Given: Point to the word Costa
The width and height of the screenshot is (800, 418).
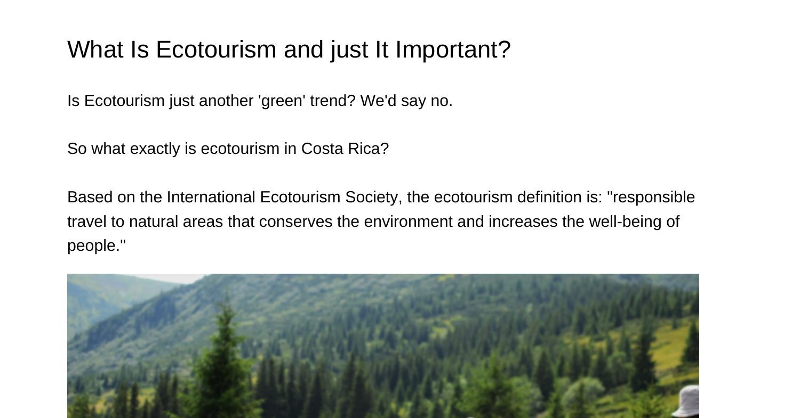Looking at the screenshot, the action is [x=322, y=149].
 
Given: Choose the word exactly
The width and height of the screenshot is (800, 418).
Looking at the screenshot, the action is [x=155, y=149].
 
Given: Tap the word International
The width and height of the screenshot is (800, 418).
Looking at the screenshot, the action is [x=211, y=197].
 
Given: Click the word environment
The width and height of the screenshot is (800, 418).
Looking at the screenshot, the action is [x=408, y=222].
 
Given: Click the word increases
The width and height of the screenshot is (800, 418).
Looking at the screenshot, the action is [x=523, y=222].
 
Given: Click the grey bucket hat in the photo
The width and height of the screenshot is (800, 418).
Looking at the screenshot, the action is [x=686, y=401].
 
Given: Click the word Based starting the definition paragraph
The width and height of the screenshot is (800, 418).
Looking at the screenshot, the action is [x=90, y=197].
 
